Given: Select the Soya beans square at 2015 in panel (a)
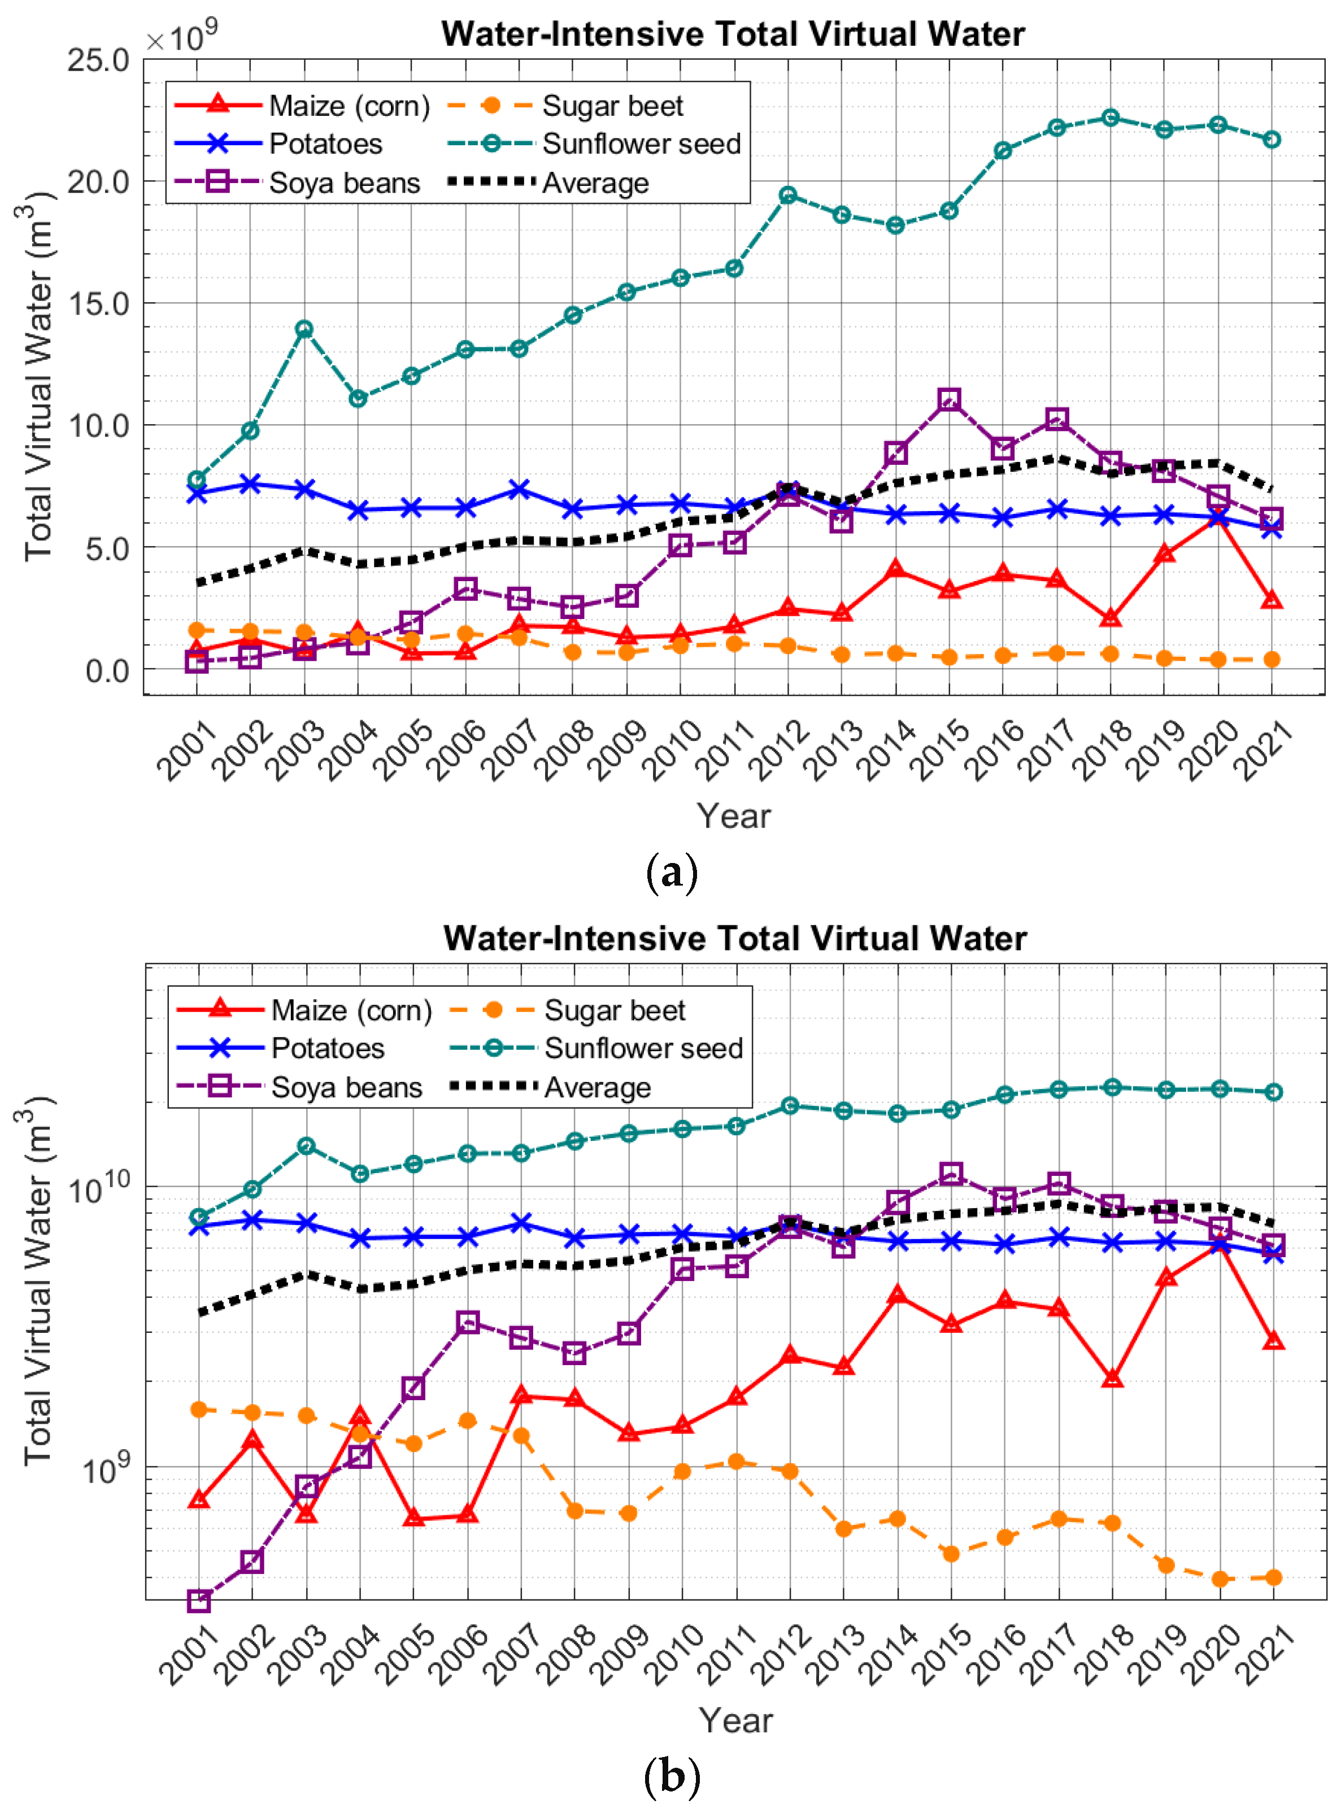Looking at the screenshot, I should click(949, 399).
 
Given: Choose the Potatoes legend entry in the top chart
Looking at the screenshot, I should click(325, 143).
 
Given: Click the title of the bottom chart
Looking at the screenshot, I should click(735, 938).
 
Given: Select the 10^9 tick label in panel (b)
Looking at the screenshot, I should click(106, 1467).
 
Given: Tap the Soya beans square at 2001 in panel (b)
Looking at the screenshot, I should click(198, 1601).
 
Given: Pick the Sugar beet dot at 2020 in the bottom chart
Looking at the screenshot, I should click(1218, 1579).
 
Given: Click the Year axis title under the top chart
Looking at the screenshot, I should click(733, 816).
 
